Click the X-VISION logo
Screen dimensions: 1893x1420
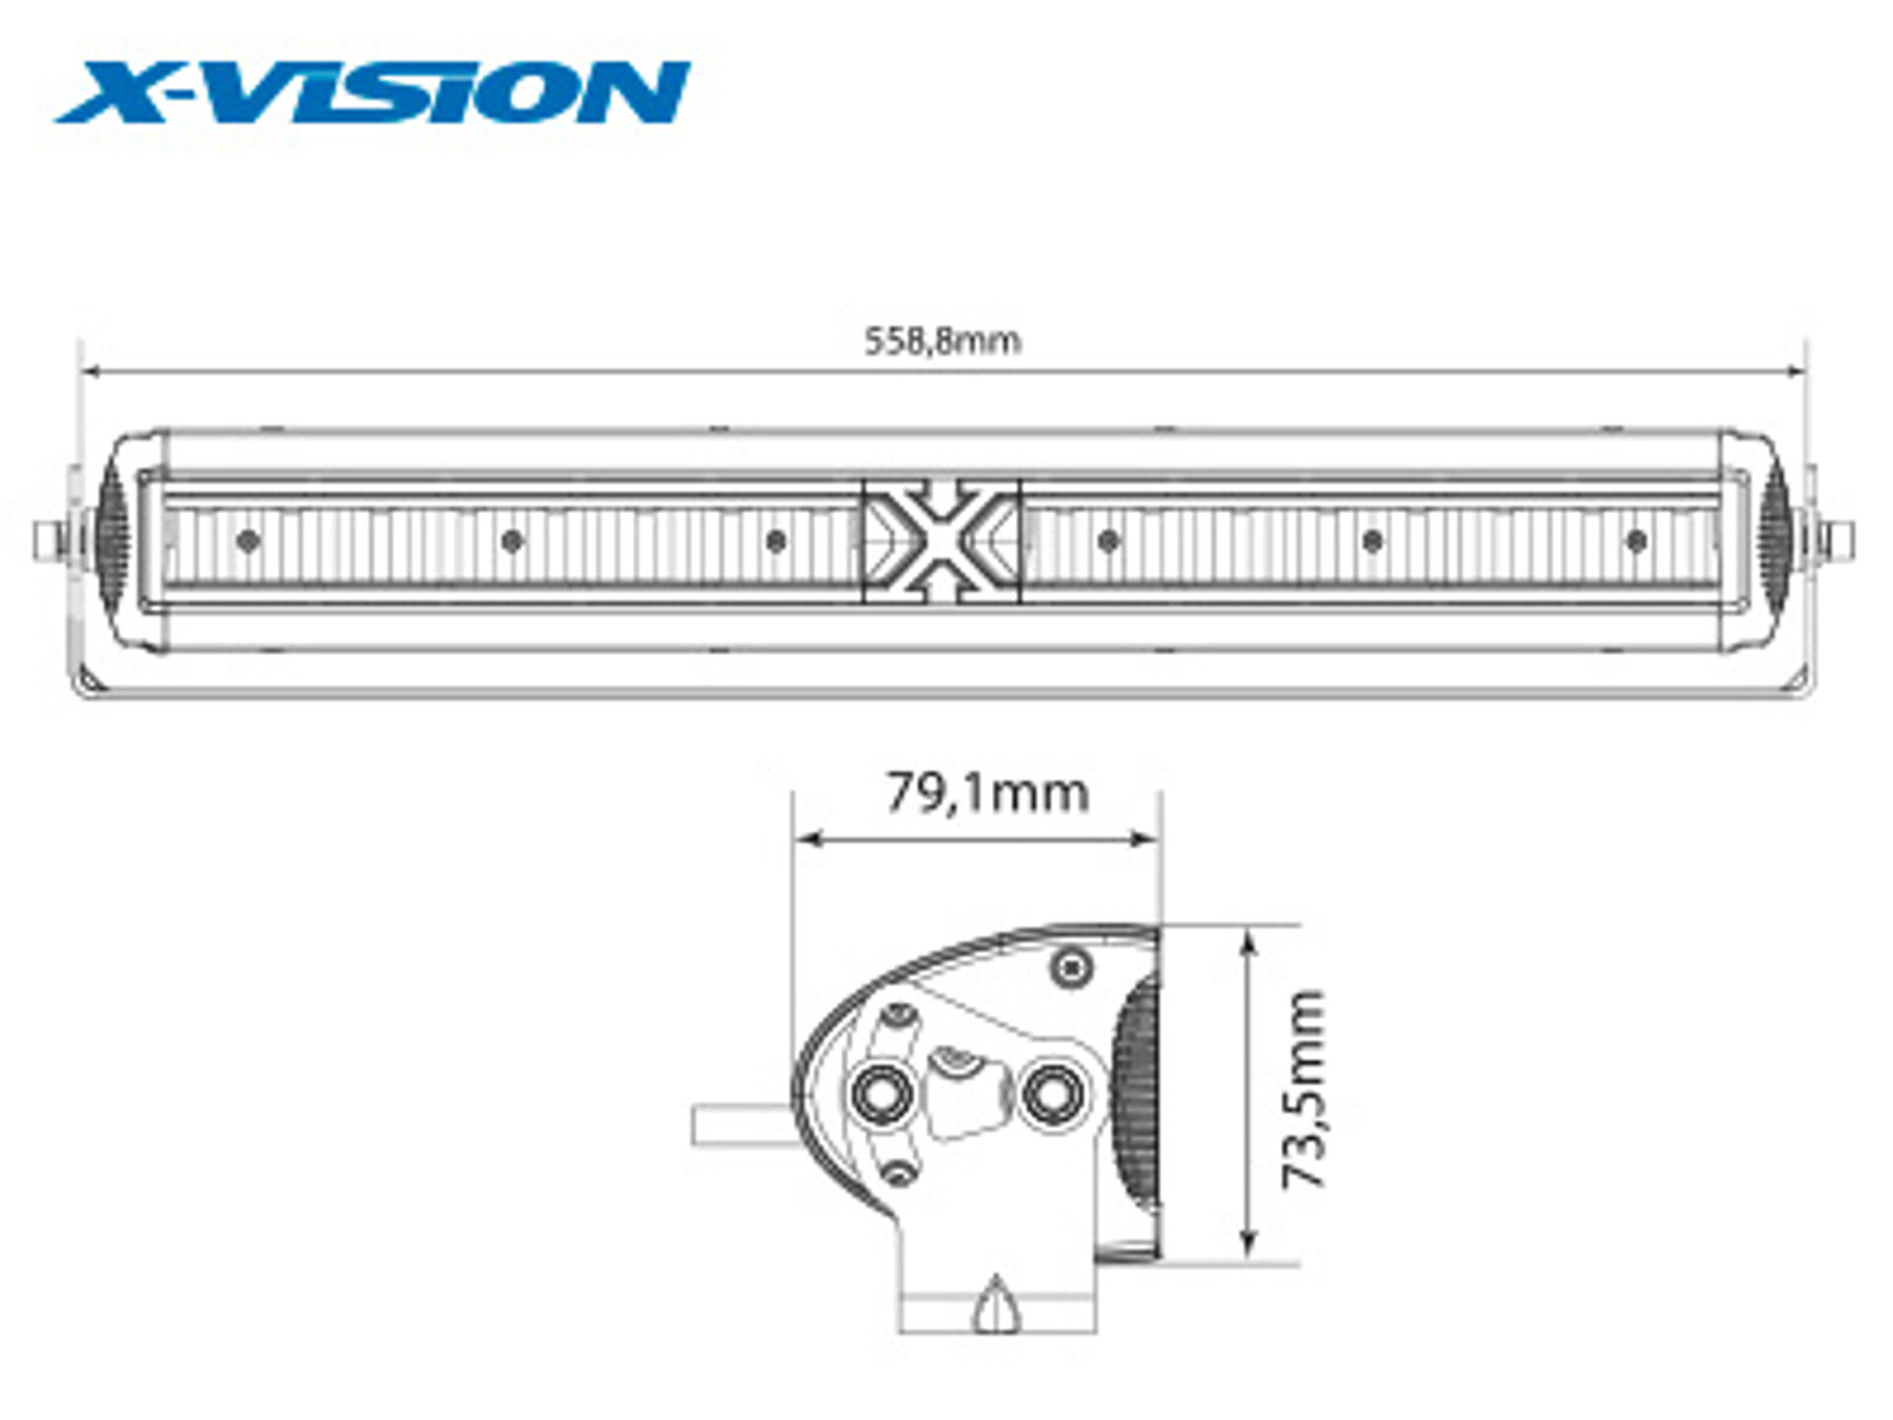(373, 92)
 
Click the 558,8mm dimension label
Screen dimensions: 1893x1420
(943, 341)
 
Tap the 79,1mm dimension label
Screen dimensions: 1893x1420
(988, 793)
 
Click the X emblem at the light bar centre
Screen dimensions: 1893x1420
(942, 540)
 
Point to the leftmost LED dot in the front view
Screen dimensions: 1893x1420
(248, 540)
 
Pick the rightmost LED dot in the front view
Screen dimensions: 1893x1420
(1637, 540)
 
